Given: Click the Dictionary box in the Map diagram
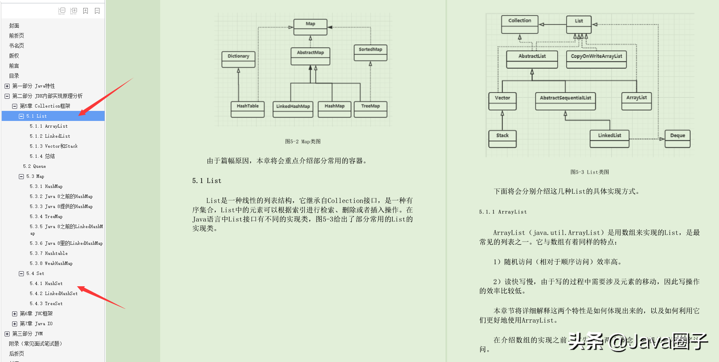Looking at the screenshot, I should click(x=238, y=59).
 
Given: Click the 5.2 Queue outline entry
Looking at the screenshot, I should click(x=34, y=166).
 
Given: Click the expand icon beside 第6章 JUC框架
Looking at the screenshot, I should click(x=15, y=313).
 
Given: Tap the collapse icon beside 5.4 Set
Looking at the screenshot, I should click(x=21, y=273).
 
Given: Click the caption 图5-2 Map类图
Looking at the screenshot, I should click(x=303, y=141).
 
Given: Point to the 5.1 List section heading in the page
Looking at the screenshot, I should click(x=207, y=181).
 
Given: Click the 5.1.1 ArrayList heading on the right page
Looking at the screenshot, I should click(x=503, y=212).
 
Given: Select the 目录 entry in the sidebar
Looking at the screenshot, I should click(x=14, y=76).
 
